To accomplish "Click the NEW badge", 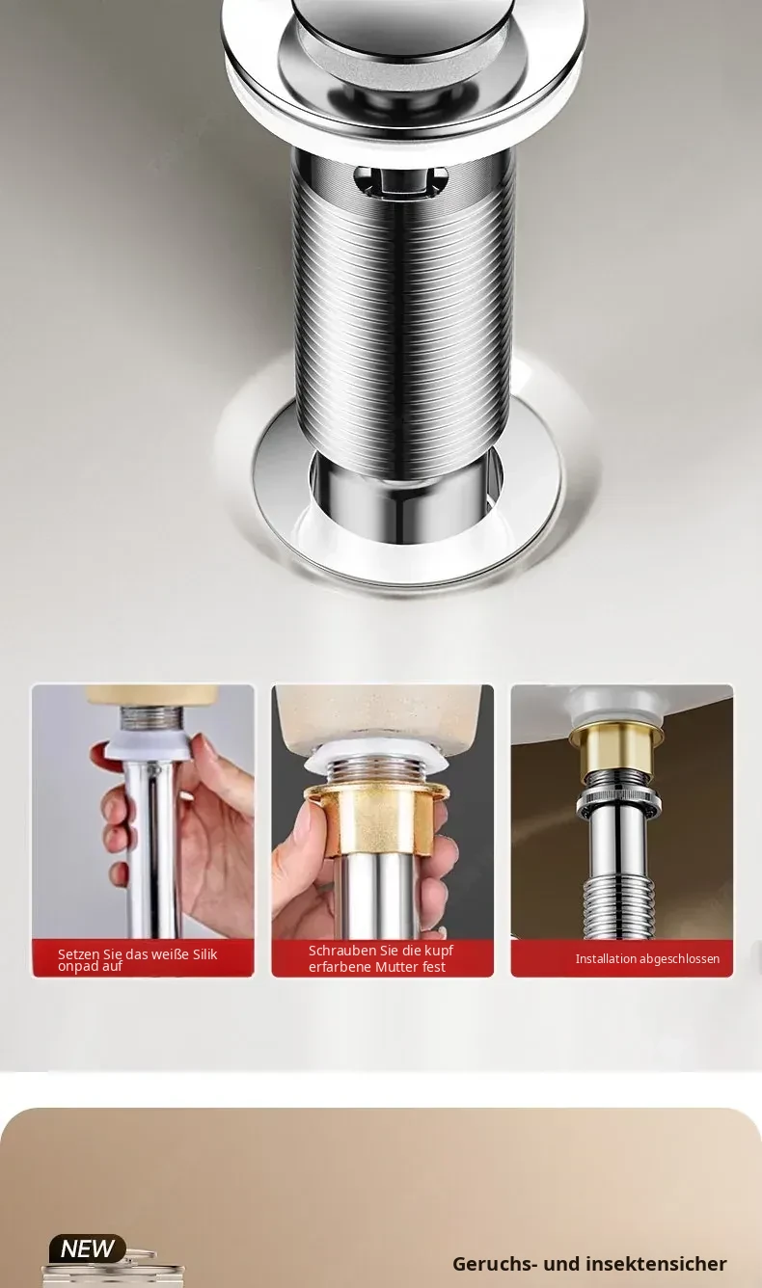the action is (x=88, y=1248).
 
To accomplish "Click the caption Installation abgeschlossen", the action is (x=647, y=958).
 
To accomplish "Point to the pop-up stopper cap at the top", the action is (x=401, y=29).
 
